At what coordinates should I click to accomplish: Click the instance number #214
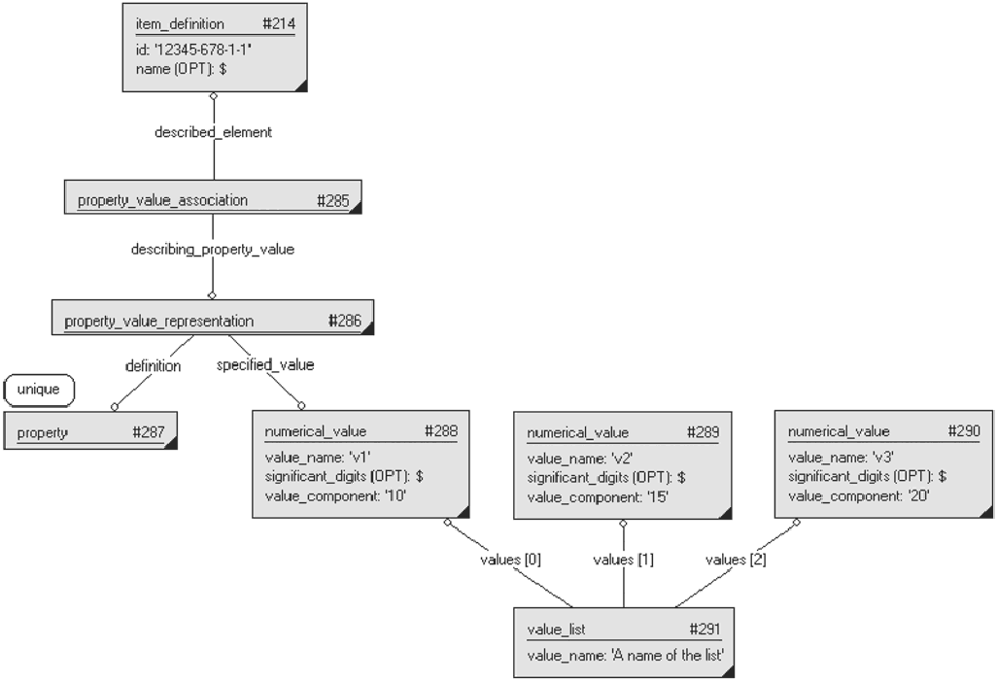click(279, 24)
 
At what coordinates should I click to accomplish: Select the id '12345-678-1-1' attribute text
click(194, 50)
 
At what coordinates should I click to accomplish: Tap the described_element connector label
click(214, 132)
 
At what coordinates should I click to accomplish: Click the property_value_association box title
click(163, 200)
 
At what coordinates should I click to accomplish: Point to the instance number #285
click(333, 201)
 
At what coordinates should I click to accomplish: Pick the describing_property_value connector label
click(213, 250)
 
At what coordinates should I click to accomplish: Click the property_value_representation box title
click(159, 322)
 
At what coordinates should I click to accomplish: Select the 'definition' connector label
click(154, 366)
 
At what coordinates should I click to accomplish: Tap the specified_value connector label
click(265, 365)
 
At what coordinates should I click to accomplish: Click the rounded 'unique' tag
click(39, 390)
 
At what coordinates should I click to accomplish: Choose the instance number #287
click(149, 432)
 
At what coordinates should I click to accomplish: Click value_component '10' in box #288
click(335, 496)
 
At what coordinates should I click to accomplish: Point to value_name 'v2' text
click(580, 459)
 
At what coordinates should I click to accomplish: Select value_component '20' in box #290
click(859, 496)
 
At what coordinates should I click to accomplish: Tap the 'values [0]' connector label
click(510, 560)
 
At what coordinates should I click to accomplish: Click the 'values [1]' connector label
click(623, 560)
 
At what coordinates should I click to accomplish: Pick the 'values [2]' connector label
click(736, 560)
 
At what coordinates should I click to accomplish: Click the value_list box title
click(557, 630)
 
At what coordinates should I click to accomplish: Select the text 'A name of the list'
click(668, 655)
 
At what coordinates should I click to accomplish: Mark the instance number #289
click(704, 432)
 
